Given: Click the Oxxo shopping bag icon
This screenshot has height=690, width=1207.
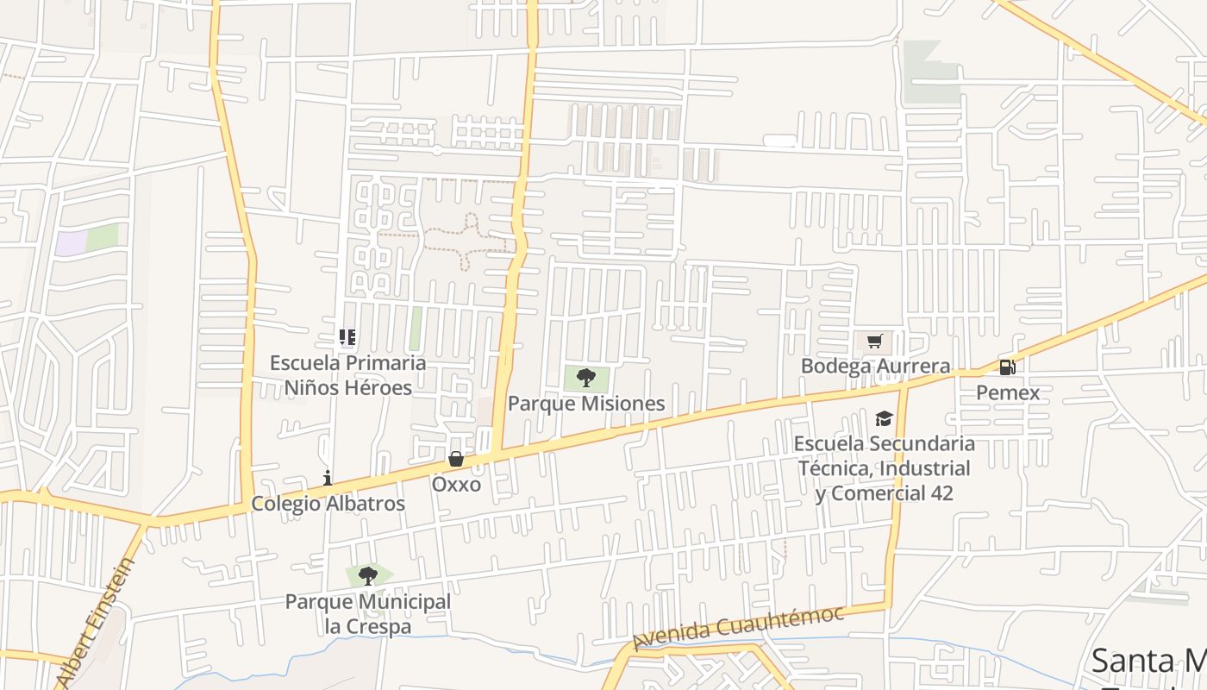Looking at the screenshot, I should click(456, 459).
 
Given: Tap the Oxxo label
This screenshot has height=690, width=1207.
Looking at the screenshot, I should click(456, 484).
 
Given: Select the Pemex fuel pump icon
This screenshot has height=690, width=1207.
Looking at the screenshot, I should click(1007, 367).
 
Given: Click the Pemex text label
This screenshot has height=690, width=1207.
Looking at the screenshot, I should click(1008, 393).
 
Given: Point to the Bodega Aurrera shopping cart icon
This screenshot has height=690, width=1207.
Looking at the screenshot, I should click(875, 341).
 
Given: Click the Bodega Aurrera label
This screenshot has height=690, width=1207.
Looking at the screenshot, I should click(875, 366).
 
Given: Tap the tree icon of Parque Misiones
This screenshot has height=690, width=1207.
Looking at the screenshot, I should click(586, 377).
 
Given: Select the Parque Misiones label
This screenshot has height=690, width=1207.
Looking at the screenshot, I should click(586, 403).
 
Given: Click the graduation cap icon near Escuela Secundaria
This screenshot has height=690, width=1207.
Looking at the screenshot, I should click(884, 419).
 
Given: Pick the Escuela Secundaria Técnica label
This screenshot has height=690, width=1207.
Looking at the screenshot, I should click(884, 468).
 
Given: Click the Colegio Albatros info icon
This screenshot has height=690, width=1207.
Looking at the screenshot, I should click(328, 478).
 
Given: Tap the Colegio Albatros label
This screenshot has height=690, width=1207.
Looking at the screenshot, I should click(328, 504).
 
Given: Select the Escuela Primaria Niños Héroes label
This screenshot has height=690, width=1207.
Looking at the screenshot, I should click(348, 375).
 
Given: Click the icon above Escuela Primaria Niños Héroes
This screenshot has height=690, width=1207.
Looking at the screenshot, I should click(347, 336).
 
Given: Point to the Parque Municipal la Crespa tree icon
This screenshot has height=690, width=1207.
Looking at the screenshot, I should click(368, 575).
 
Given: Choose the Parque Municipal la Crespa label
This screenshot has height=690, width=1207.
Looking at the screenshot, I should click(368, 614).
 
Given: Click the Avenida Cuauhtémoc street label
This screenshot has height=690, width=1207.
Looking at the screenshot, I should click(738, 627).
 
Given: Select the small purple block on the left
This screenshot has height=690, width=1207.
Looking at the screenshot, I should click(71, 242).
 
